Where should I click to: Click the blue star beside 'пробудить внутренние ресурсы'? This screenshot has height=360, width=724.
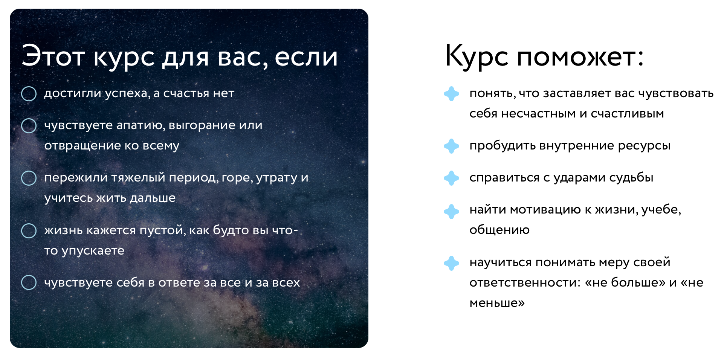point(451,146)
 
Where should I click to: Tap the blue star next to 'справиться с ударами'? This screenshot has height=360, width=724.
point(451,178)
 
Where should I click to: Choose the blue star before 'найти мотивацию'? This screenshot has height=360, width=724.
point(451,211)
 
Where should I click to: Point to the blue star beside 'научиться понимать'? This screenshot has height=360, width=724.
point(451,263)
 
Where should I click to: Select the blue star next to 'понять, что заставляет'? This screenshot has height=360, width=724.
point(451,94)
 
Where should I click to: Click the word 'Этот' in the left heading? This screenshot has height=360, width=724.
point(53,56)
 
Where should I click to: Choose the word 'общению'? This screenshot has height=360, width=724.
point(499,230)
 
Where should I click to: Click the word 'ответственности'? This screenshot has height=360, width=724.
point(522,283)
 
